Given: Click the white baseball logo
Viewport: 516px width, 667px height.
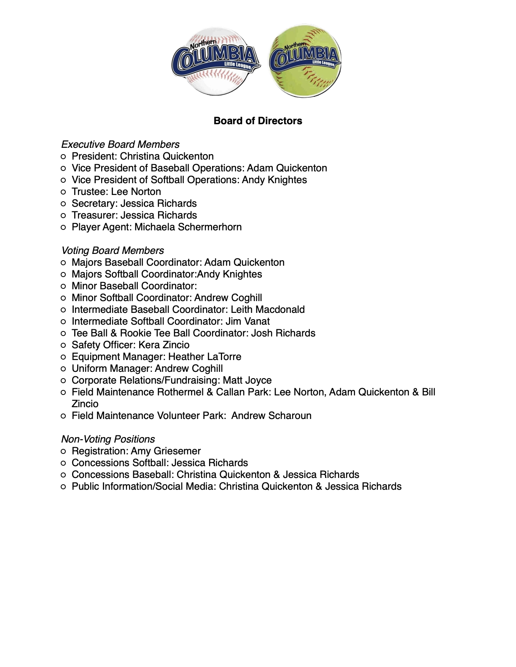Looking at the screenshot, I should tap(215, 61).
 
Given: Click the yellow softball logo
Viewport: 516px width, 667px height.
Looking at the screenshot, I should tap(305, 61).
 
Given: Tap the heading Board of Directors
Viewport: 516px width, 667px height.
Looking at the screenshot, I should tap(258, 121).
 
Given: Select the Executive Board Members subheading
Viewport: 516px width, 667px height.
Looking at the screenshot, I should tap(120, 144).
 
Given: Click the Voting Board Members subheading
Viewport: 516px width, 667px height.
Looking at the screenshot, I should tap(113, 251).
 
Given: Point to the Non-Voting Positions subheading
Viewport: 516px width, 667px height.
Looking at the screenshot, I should tap(108, 439).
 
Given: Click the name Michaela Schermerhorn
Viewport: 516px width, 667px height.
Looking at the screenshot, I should tap(188, 227).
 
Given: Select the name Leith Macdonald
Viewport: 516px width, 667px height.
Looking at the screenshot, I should tap(268, 309).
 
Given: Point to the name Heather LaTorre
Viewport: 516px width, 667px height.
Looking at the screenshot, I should tap(205, 357).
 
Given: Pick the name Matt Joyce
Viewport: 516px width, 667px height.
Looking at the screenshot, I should tap(247, 380).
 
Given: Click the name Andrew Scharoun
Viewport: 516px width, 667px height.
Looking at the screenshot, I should tap(271, 416).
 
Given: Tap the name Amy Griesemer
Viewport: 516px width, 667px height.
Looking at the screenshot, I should tap(166, 451).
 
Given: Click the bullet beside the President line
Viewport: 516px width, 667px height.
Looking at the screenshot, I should tap(63, 157).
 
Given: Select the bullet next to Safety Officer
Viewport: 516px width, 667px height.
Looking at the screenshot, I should tap(63, 345).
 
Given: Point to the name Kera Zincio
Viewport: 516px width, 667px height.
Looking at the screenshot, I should tap(164, 345).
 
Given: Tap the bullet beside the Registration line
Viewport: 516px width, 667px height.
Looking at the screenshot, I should tap(63, 451).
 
